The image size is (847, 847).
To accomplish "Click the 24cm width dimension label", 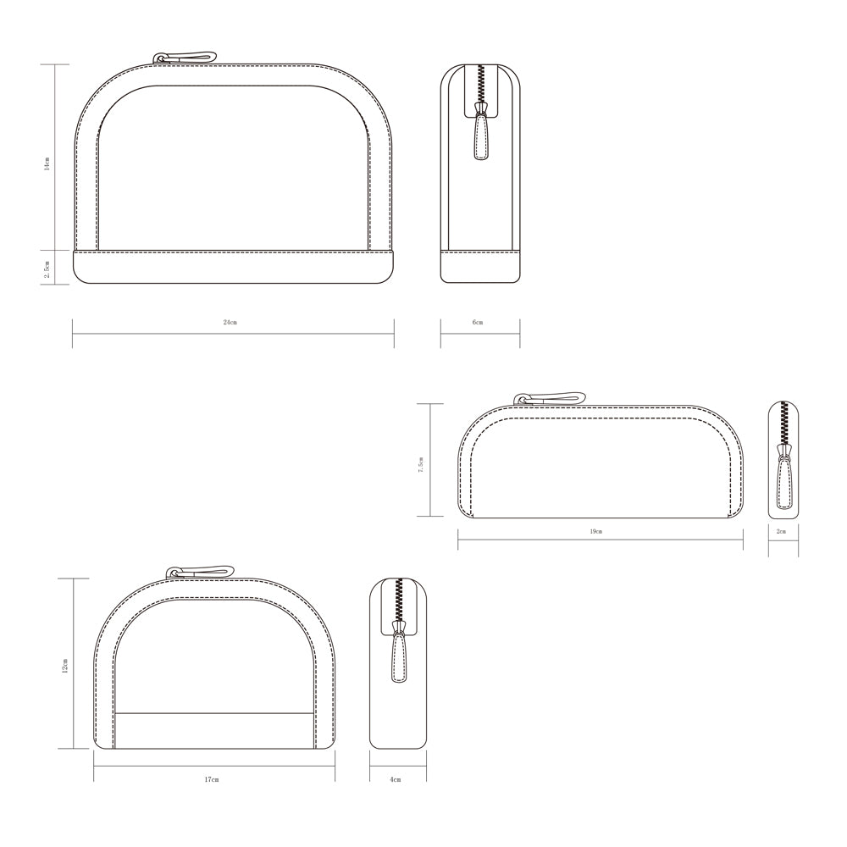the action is point(230,323).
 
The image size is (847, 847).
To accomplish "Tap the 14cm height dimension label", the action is point(47,163).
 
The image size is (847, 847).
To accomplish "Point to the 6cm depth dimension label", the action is point(478,323).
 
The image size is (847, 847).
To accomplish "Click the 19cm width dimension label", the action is point(595,532).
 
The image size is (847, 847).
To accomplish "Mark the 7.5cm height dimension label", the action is point(421,464).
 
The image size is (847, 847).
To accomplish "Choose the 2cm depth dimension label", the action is point(781,532).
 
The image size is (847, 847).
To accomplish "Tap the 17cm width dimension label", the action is point(212,779).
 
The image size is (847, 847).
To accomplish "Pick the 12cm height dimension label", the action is point(65,666).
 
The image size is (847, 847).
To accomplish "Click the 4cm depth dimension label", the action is point(396,779).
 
